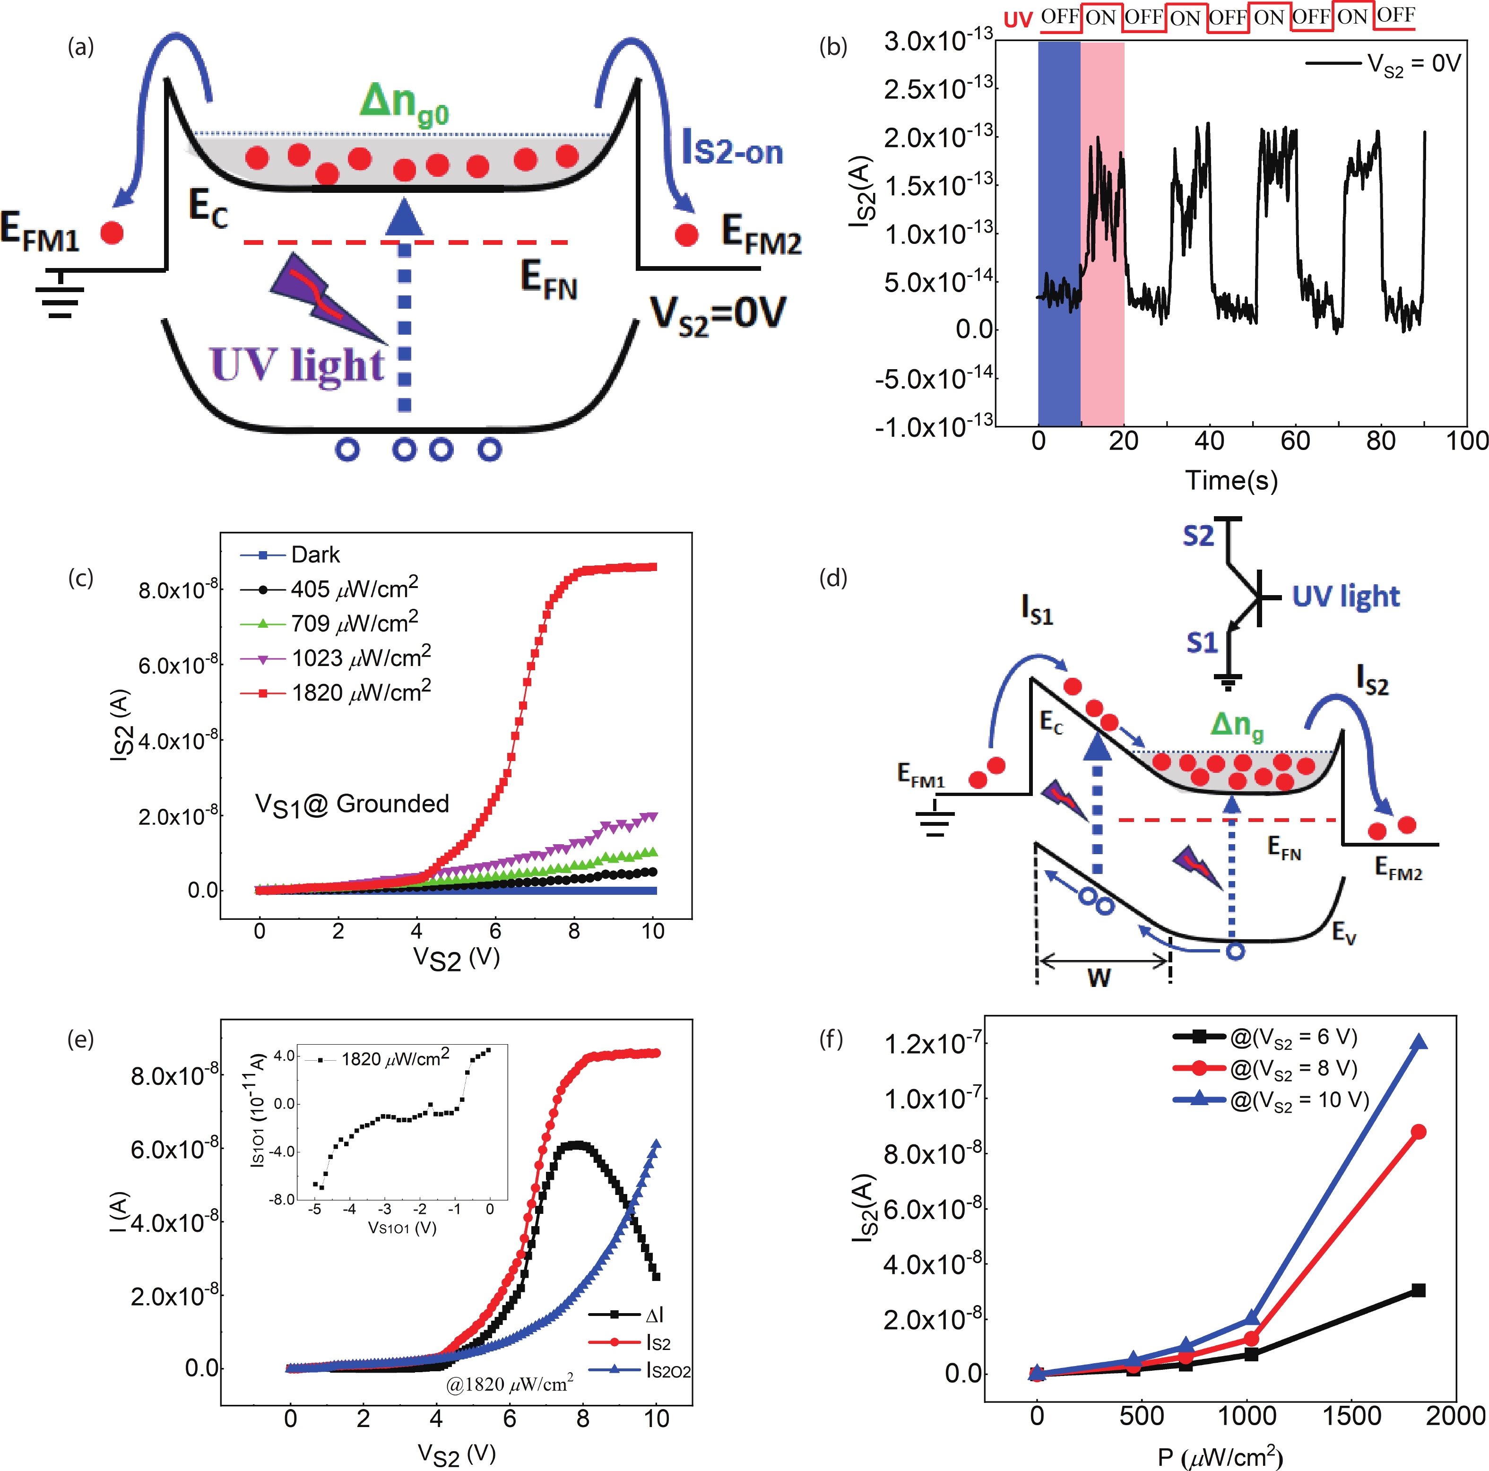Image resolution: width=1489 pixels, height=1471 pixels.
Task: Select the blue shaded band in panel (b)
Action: [x=1059, y=231]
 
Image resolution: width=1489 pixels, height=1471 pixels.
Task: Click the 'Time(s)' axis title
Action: [x=1231, y=480]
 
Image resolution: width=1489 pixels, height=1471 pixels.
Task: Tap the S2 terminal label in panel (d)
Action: [x=1198, y=536]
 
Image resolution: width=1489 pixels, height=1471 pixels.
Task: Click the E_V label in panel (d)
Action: [x=1343, y=933]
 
